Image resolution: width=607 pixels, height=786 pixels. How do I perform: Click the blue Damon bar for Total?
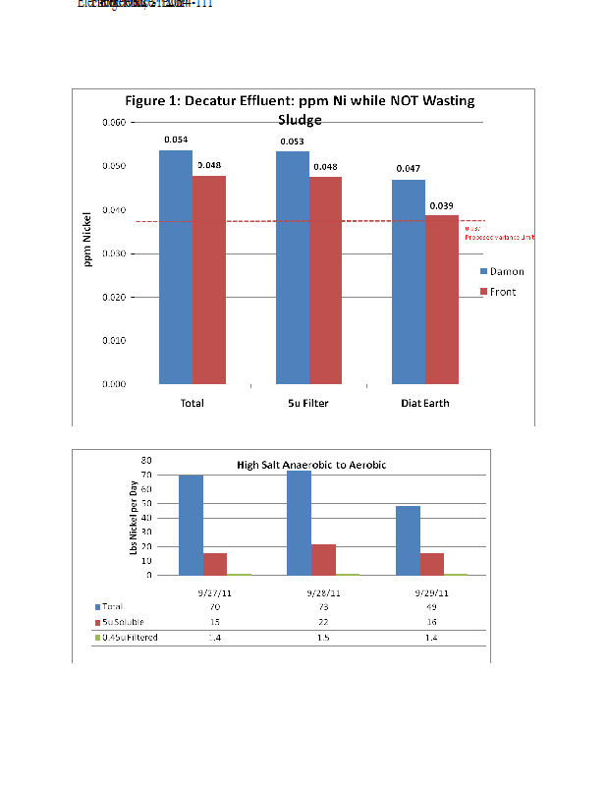[x=176, y=266]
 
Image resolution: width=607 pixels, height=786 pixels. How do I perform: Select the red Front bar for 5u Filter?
[x=325, y=280]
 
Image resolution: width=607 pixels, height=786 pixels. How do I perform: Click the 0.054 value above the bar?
[x=176, y=140]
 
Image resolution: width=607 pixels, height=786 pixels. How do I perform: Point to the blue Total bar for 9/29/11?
[x=408, y=540]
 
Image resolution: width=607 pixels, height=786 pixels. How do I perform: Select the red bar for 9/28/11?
[x=324, y=559]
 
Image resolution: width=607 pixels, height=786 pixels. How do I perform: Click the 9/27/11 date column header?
[x=212, y=592]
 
